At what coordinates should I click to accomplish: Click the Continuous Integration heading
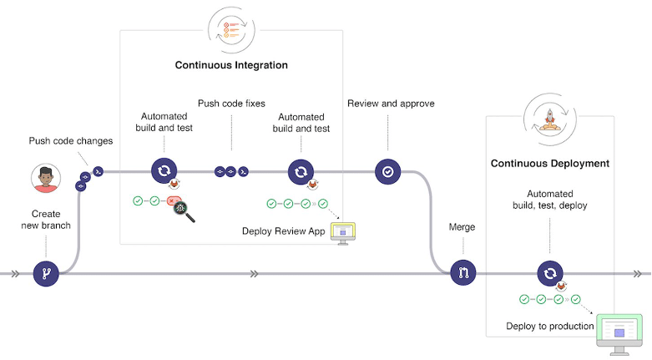[x=231, y=65]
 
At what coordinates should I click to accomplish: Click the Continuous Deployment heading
[x=549, y=164]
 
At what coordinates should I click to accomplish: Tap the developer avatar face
[x=46, y=178]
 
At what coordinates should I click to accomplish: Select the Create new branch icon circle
[x=46, y=273]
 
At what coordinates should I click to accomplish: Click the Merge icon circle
[x=462, y=273]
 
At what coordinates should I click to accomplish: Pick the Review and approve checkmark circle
[x=387, y=171]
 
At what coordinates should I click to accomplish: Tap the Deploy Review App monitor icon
[x=343, y=232]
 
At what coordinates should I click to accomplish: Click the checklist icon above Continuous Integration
[x=231, y=32]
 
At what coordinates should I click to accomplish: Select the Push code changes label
[x=71, y=141]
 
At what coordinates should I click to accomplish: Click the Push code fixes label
[x=231, y=104]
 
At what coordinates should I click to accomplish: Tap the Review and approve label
[x=391, y=104]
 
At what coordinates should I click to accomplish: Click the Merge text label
[x=462, y=227]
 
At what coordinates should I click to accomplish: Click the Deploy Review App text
[x=283, y=231]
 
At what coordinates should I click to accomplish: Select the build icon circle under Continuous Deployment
[x=550, y=273]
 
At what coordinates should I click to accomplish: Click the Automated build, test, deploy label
[x=549, y=200]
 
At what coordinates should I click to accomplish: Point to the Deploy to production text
[x=550, y=326]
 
